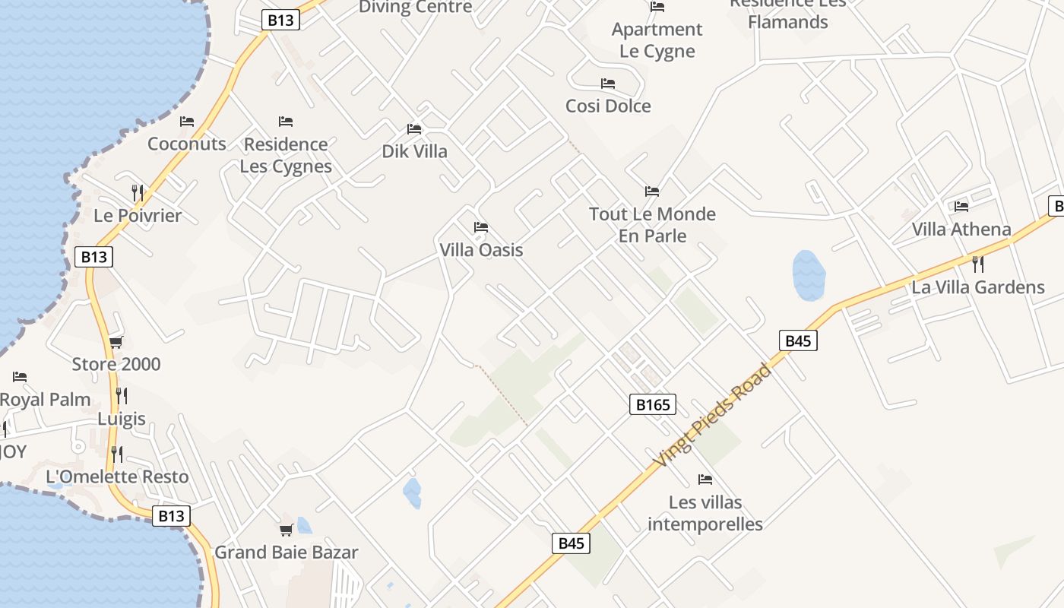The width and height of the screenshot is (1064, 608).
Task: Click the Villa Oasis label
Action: [481, 249]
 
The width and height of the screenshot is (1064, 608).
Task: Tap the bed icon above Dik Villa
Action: [414, 129]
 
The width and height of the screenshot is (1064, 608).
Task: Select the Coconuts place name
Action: [187, 144]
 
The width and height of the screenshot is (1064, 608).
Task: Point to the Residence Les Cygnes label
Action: [286, 155]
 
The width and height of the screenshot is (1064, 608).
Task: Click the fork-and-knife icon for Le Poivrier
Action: [138, 192]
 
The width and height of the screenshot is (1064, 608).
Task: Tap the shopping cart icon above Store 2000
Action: [116, 342]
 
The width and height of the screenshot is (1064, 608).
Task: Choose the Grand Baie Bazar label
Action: [286, 552]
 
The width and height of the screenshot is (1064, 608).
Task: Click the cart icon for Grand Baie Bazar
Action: [286, 530]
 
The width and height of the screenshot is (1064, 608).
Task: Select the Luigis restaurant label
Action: [122, 418]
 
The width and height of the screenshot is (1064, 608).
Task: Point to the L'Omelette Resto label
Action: [117, 477]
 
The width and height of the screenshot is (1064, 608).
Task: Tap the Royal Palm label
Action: [45, 399]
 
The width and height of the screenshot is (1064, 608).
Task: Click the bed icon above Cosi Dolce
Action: [608, 84]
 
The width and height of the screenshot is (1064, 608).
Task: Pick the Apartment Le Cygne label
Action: [657, 40]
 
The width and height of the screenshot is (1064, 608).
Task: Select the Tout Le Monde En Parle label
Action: [652, 225]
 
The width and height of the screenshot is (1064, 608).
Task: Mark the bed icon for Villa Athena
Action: [961, 206]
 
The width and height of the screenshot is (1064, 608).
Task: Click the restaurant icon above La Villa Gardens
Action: [978, 264]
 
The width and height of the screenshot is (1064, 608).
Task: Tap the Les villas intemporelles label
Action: [705, 513]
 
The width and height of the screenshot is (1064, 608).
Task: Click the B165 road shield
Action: [652, 404]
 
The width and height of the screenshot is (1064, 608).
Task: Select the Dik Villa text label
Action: [414, 151]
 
